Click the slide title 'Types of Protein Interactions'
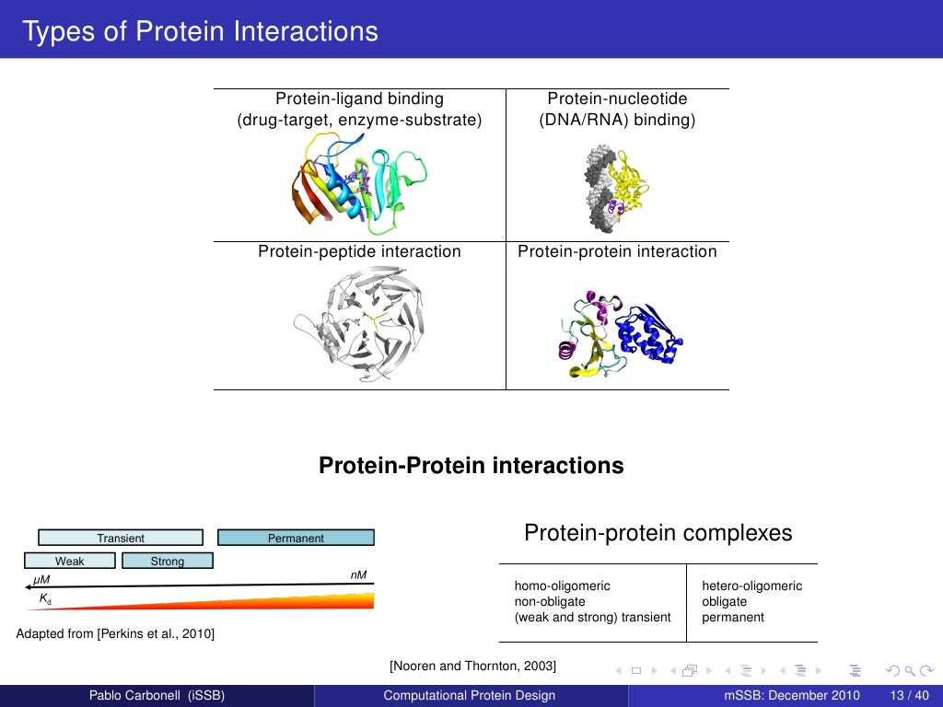pos(200,31)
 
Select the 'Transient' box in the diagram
pos(121,538)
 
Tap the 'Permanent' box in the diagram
pos(296,538)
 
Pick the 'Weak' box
pos(70,561)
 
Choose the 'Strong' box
pos(168,561)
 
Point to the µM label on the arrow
pos(41,579)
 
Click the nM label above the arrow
pos(358,575)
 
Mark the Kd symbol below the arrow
pos(44,598)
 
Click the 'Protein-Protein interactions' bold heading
pos(471,466)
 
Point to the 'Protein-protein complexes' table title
pos(658,533)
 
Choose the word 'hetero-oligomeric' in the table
pos(751,585)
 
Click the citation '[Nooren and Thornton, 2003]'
pos(473,666)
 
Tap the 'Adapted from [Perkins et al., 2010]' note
pos(116,633)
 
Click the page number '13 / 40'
pos(910,695)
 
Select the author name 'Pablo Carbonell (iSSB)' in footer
pos(156,695)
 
